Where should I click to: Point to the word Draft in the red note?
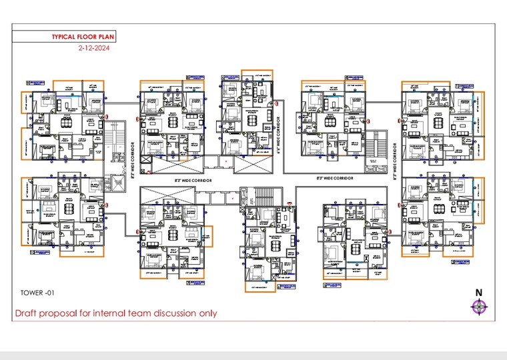[27, 313]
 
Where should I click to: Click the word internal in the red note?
[115, 313]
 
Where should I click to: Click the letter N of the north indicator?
[478, 293]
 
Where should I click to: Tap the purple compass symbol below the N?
[478, 307]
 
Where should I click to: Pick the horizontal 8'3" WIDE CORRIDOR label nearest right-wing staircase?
[334, 179]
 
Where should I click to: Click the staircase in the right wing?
[380, 143]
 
